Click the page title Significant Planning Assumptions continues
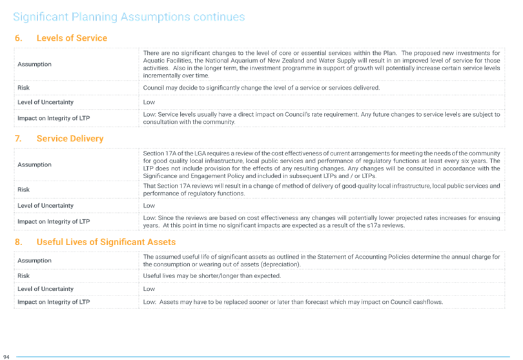pyautogui.click(x=128, y=17)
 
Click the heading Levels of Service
pyautogui.click(x=72, y=38)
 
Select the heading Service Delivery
pyautogui.click(x=70, y=139)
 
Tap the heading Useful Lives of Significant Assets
pyautogui.click(x=106, y=242)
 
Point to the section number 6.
pyautogui.click(x=18, y=38)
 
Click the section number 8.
pyautogui.click(x=18, y=242)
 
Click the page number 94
pyautogui.click(x=6, y=357)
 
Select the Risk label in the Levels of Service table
pyautogui.click(x=23, y=88)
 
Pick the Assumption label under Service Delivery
pyautogui.click(x=34, y=165)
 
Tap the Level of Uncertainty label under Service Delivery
pyautogui.click(x=45, y=206)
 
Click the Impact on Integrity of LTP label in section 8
pyautogui.click(x=54, y=302)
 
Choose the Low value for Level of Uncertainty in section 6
pyautogui.click(x=149, y=103)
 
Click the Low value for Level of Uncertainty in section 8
pyautogui.click(x=149, y=289)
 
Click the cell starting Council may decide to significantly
pyautogui.click(x=261, y=88)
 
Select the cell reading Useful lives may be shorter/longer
pyautogui.click(x=212, y=276)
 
